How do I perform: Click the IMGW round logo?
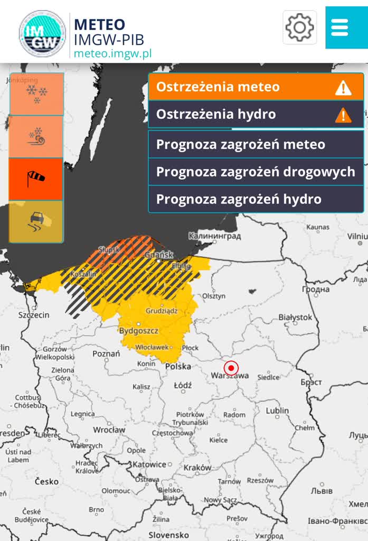[42, 33]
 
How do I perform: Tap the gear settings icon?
[299, 27]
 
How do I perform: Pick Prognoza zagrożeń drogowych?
[256, 172]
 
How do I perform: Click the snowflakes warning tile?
[36, 94]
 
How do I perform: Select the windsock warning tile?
[36, 179]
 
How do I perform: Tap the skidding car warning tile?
[36, 221]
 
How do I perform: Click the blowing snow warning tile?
[36, 136]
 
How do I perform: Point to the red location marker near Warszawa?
[231, 368]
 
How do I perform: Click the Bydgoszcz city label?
[139, 331]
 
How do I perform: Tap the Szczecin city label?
[34, 315]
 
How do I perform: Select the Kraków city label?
[197, 468]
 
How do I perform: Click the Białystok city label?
[295, 317]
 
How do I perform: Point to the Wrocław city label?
[109, 430]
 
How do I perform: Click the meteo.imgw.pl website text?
[112, 54]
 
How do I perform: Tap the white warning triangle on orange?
[343, 88]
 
